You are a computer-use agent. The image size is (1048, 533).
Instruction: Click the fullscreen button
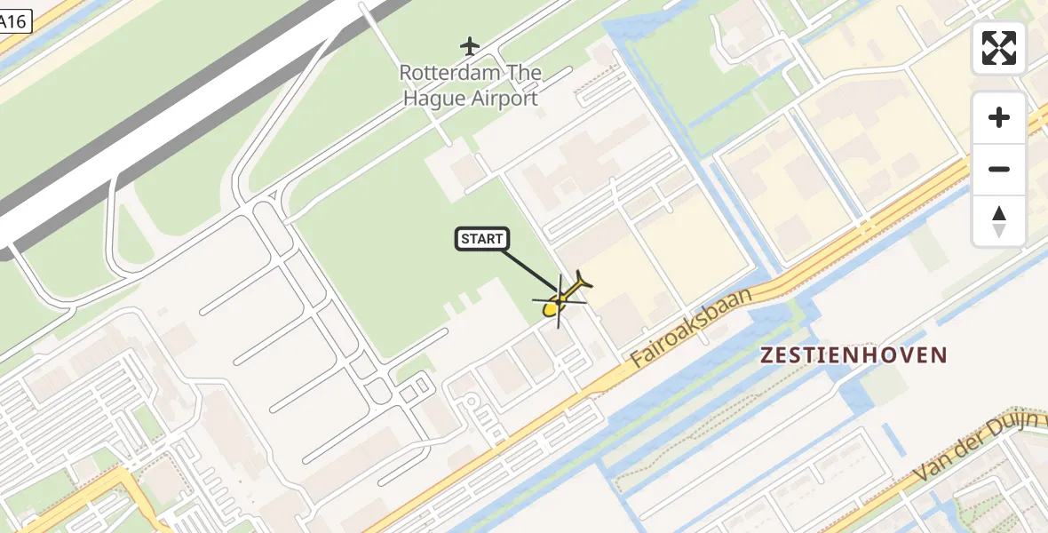click(x=999, y=48)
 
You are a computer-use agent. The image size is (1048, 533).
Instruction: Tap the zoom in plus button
click(x=999, y=117)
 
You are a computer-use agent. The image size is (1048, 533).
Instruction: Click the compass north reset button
click(x=999, y=221)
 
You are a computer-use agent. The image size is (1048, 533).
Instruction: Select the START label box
click(x=482, y=239)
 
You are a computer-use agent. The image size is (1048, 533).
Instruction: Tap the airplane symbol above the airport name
click(x=470, y=45)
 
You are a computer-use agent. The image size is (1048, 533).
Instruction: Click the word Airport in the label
click(x=504, y=98)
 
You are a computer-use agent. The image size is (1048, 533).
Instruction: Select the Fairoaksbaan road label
click(x=690, y=330)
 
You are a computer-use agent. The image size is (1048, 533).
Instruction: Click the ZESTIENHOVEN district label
click(x=853, y=355)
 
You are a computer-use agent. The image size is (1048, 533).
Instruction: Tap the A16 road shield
click(x=14, y=22)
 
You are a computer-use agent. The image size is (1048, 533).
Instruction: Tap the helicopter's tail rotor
click(x=583, y=279)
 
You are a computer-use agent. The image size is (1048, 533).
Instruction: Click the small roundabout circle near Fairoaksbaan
click(x=472, y=402)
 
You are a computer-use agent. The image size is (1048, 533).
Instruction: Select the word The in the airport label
click(x=523, y=73)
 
